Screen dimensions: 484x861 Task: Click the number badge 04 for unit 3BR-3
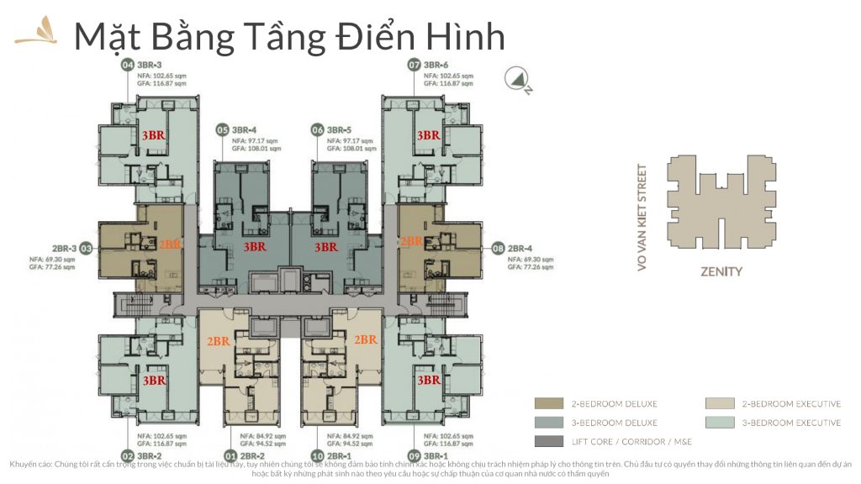[128, 65]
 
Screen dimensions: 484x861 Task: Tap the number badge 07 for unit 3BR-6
[414, 65]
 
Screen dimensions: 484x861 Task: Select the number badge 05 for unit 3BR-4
[223, 129]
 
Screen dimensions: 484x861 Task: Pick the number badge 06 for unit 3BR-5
[318, 129]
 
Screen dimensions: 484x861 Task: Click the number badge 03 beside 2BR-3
[87, 249]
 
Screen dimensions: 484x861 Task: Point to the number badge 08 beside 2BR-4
[498, 249]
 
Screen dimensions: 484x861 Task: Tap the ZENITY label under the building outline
[721, 271]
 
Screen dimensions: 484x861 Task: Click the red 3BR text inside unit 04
[152, 135]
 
